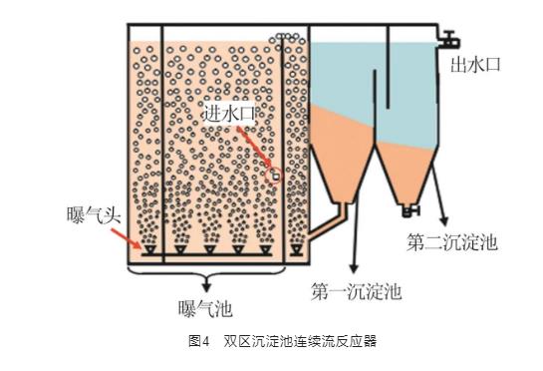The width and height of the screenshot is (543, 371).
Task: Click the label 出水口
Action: pyautogui.click(x=475, y=65)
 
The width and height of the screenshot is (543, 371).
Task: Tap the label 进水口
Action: pyautogui.click(x=228, y=113)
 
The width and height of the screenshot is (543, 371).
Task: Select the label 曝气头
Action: pyautogui.click(x=94, y=215)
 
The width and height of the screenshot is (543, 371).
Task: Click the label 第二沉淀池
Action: pyautogui.click(x=452, y=241)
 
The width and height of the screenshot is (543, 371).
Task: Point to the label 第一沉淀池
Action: pyautogui.click(x=357, y=291)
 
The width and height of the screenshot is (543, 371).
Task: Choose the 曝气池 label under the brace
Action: pyautogui.click(x=205, y=308)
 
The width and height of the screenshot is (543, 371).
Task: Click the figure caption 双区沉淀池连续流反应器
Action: pyautogui.click(x=300, y=341)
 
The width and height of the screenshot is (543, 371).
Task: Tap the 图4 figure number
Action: pyautogui.click(x=199, y=341)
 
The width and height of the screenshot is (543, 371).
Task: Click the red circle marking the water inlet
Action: pyautogui.click(x=274, y=176)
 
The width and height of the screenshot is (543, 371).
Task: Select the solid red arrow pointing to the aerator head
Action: pyautogui.click(x=127, y=238)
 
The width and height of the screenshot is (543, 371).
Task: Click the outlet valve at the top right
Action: pyautogui.click(x=449, y=40)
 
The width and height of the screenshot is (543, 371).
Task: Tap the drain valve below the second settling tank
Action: pyautogui.click(x=411, y=210)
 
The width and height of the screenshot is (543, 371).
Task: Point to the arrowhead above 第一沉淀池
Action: pyautogui.click(x=354, y=267)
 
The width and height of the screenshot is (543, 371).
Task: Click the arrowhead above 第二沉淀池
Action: pyautogui.click(x=444, y=220)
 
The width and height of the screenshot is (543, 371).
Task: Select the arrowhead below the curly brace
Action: pyautogui.click(x=207, y=288)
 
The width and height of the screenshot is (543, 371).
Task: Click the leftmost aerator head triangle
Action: pyautogui.click(x=150, y=249)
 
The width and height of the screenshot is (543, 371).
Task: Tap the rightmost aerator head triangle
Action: pyautogui.click(x=297, y=249)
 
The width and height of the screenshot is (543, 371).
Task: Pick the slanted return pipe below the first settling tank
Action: pyautogui.click(x=327, y=220)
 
